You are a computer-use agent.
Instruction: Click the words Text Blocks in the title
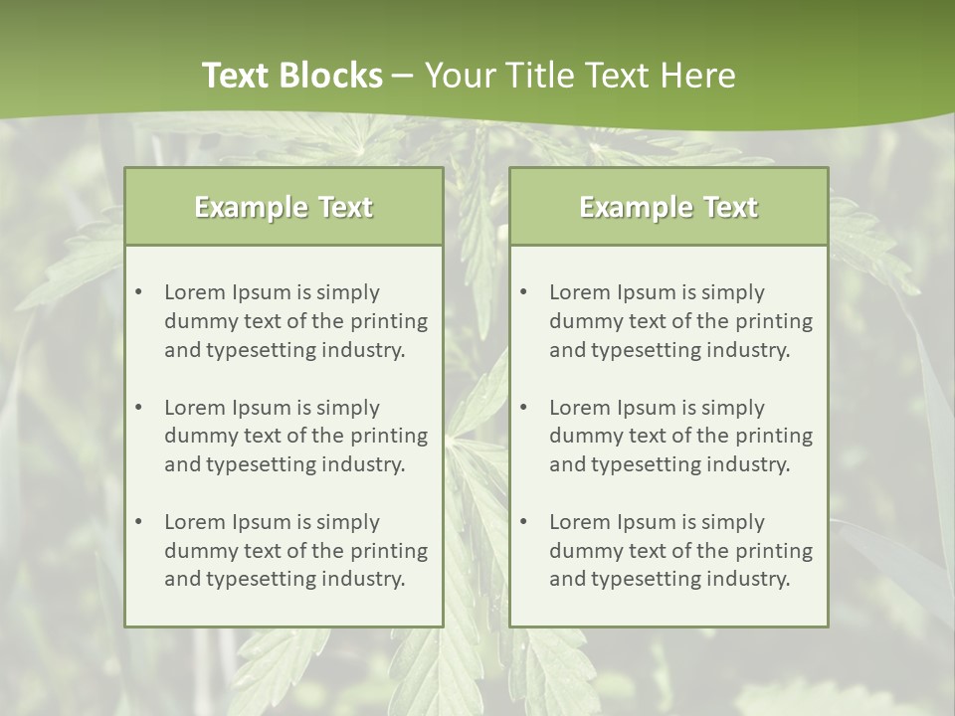(x=291, y=76)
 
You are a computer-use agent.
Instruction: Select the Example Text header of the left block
(x=284, y=207)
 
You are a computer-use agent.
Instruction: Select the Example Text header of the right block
(x=668, y=207)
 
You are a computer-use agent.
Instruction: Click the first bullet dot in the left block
(x=138, y=292)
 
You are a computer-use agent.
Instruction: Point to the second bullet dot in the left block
(x=138, y=408)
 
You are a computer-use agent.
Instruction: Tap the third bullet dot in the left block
(x=138, y=522)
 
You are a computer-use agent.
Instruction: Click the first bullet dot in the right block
(x=523, y=292)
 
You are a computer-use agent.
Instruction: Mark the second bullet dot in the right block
(x=523, y=408)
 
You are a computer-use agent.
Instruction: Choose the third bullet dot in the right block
(x=523, y=522)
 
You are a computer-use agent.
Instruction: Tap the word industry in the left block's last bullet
(x=364, y=579)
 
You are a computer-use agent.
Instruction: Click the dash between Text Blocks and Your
(x=403, y=76)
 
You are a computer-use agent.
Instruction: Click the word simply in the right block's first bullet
(x=732, y=292)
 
